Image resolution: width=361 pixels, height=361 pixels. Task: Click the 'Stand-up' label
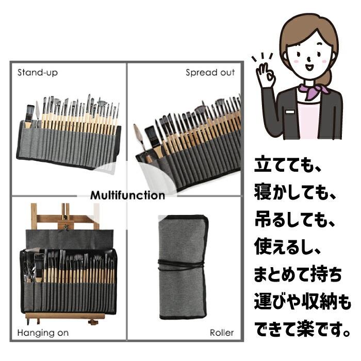click(x=38, y=72)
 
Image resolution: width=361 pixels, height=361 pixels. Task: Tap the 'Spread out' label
click(x=210, y=73)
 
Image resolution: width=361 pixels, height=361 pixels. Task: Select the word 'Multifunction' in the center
click(x=127, y=195)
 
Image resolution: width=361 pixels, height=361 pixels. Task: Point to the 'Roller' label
click(x=221, y=333)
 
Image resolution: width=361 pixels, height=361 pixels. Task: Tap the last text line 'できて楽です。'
click(x=302, y=329)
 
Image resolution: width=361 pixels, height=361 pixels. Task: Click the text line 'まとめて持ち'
click(x=298, y=275)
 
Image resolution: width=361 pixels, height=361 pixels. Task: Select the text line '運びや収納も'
click(x=302, y=302)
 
